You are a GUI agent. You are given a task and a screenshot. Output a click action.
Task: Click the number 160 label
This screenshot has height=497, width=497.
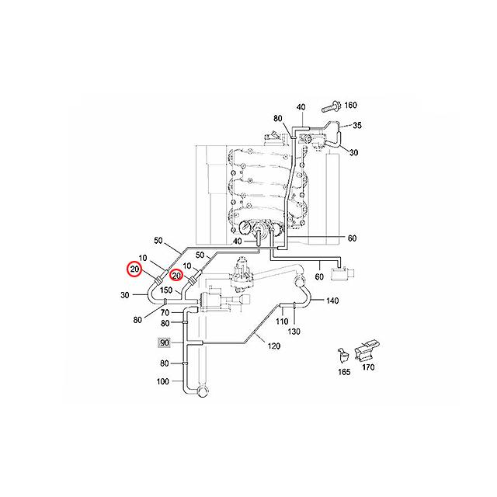pyautogui.click(x=350, y=105)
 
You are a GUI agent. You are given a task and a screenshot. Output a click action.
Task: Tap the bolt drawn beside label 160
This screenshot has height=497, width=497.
pyautogui.click(x=330, y=104)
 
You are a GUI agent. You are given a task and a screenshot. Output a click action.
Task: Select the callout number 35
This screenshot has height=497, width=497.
pyautogui.click(x=358, y=125)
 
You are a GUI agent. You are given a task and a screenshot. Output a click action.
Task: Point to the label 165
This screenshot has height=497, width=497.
pyautogui.click(x=344, y=372)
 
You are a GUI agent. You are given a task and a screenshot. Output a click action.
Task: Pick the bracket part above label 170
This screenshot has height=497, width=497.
pyautogui.click(x=367, y=350)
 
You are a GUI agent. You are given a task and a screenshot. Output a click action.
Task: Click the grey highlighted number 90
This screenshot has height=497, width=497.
pyautogui.click(x=164, y=342)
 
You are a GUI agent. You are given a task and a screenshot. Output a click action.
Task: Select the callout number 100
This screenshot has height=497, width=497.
pyautogui.click(x=163, y=381)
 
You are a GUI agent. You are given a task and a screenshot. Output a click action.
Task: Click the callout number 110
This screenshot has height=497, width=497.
pyautogui.click(x=283, y=320)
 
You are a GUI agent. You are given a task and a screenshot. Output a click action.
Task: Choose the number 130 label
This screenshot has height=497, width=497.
pyautogui.click(x=294, y=332)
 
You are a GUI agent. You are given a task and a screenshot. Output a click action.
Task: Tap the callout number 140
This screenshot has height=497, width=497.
pyautogui.click(x=332, y=301)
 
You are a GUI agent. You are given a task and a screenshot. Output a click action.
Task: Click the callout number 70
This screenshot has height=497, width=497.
pyautogui.click(x=165, y=312)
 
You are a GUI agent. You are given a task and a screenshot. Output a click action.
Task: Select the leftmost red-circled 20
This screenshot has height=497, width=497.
pyautogui.click(x=135, y=270)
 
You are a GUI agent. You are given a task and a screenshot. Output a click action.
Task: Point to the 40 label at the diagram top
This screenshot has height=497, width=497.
pyautogui.click(x=301, y=106)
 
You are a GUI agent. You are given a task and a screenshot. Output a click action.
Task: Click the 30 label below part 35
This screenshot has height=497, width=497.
pyautogui.click(x=353, y=153)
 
